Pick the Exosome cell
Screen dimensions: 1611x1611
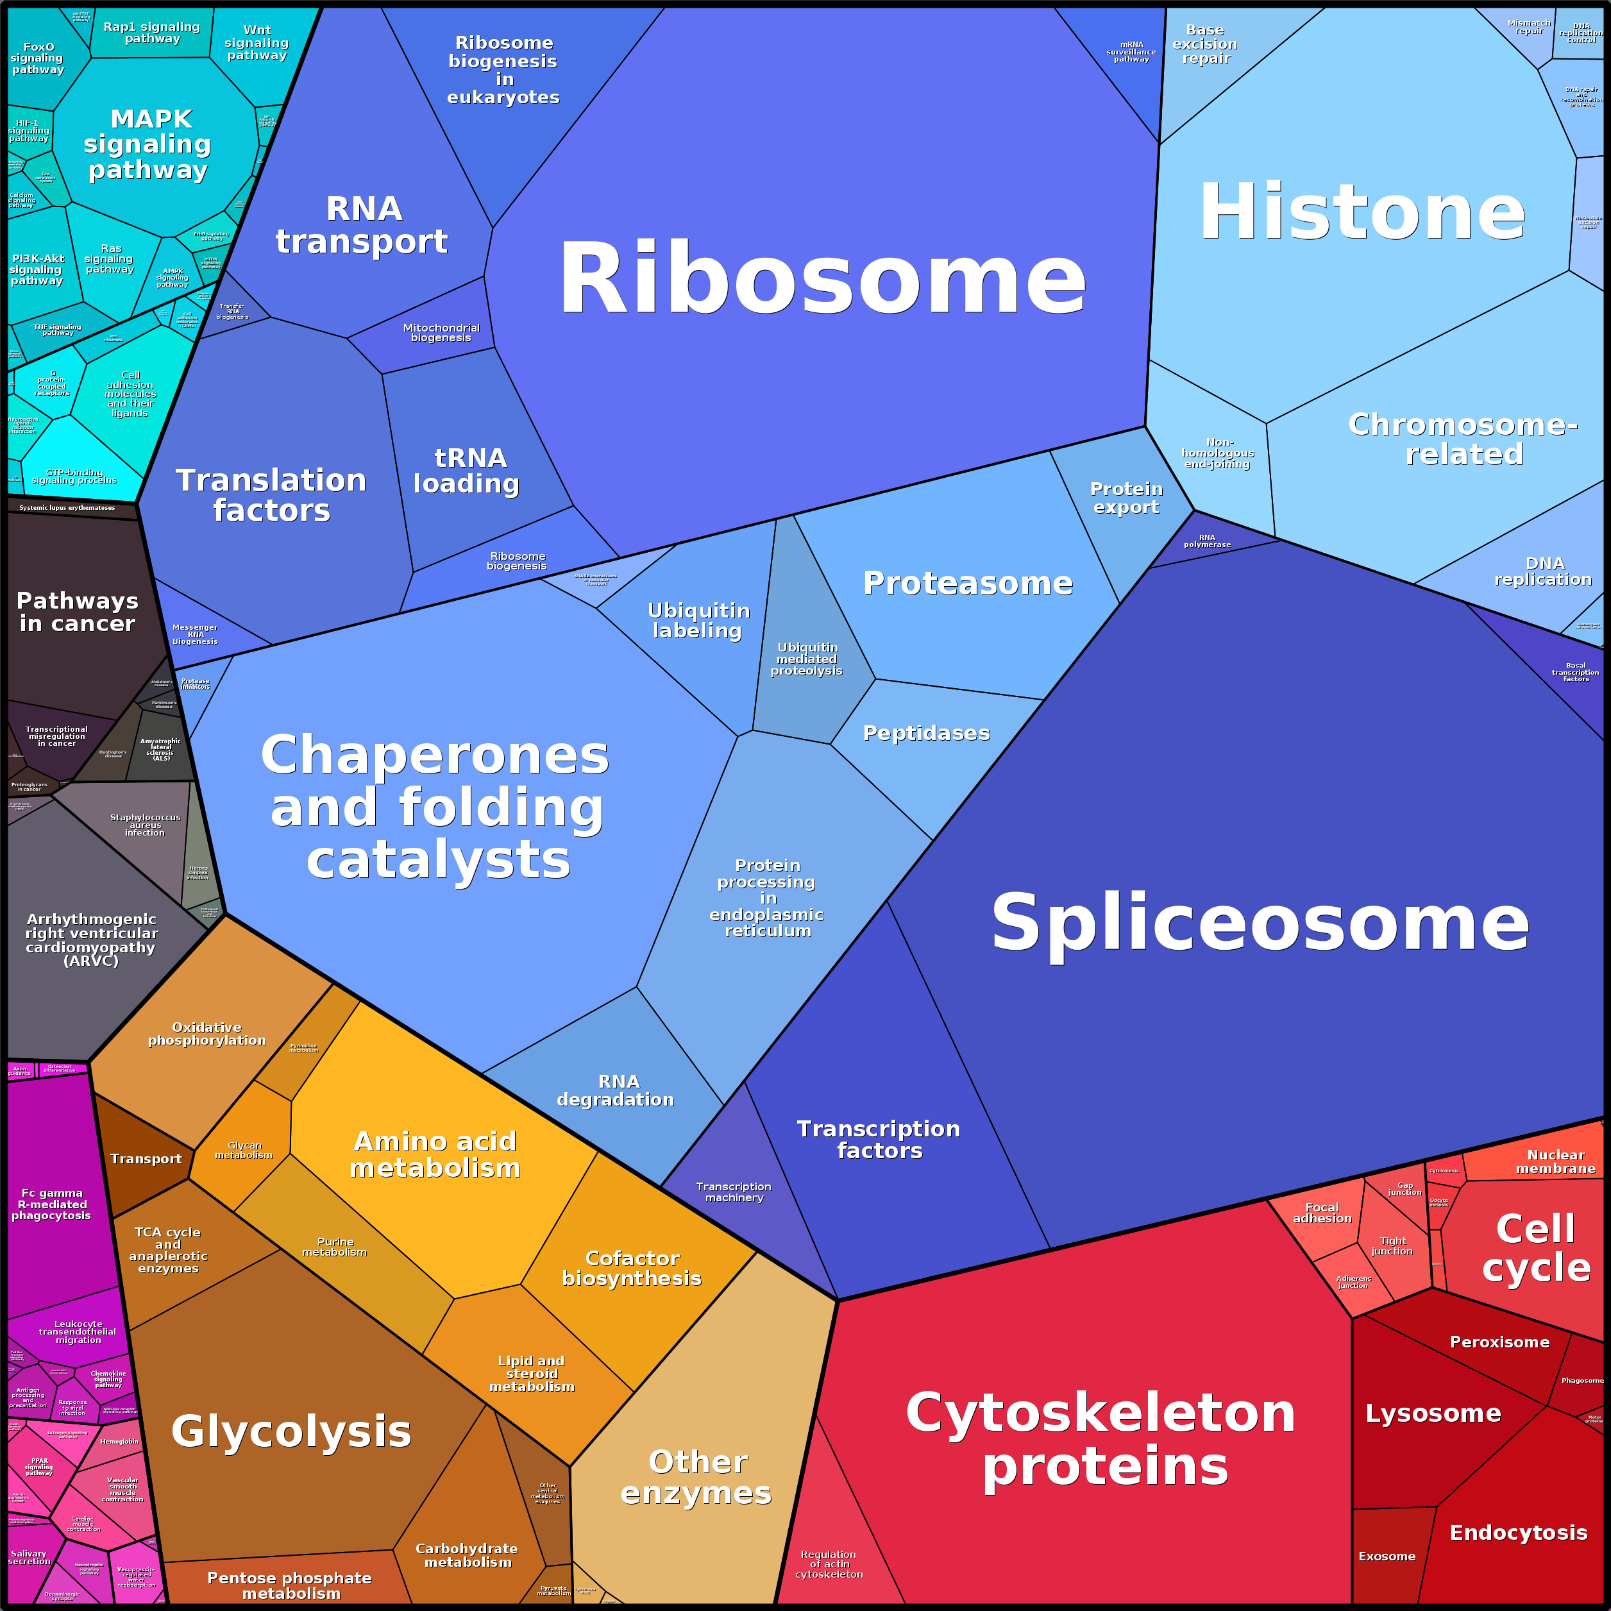coord(1387,1556)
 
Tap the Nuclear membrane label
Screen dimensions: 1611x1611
coord(1555,1161)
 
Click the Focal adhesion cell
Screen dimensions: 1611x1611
coord(1322,1213)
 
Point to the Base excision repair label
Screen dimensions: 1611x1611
coord(1205,44)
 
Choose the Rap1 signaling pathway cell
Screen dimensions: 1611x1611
coord(152,33)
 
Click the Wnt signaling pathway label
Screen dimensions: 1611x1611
coord(257,42)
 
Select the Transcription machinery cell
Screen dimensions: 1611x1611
coord(734,1192)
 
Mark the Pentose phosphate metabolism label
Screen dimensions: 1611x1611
coord(289,1585)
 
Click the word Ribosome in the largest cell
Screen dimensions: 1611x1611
coord(822,278)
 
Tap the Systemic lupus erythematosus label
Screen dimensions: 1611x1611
coord(67,508)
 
